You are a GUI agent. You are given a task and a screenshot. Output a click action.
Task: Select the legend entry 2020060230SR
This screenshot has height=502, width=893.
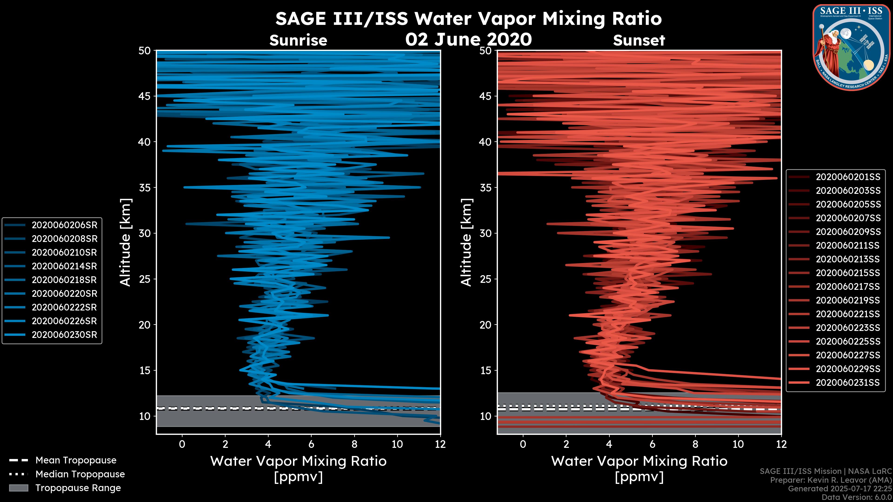64,335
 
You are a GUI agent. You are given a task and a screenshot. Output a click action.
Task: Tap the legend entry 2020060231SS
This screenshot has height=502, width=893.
848,383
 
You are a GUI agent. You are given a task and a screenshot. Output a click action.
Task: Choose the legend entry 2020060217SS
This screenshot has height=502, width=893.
848,287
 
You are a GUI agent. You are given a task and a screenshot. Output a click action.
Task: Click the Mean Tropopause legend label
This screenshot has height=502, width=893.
76,460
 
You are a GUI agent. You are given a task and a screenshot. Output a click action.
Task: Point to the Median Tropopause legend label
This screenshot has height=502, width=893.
80,474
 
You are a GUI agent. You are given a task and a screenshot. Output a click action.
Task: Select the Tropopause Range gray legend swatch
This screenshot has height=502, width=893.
18,488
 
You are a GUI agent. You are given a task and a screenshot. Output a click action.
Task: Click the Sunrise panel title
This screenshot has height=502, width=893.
298,40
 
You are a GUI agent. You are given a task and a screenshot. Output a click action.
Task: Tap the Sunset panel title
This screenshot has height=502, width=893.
639,40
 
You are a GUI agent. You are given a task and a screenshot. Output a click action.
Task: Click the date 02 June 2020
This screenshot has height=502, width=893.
468,39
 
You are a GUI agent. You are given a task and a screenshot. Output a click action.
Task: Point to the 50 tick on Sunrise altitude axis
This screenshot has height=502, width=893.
145,51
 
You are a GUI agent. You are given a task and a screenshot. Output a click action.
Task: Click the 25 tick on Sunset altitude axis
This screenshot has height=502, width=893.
485,279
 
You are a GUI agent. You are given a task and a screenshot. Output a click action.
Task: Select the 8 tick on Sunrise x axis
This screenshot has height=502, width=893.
354,444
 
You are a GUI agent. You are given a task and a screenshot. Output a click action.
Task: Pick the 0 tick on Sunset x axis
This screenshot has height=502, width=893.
523,444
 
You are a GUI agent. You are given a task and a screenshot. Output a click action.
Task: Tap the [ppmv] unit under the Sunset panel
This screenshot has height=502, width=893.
639,477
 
